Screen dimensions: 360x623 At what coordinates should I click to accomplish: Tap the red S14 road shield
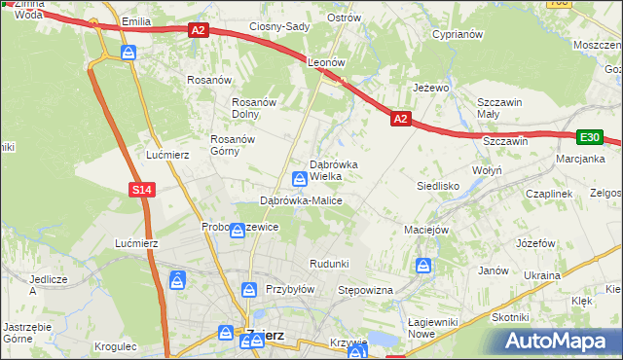point(141,190)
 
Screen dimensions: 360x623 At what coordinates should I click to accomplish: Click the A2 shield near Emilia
point(199,30)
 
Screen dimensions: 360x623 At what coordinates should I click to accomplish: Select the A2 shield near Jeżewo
point(401,118)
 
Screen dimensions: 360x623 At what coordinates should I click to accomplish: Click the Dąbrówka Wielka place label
point(333,170)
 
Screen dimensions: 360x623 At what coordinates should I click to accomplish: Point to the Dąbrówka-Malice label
point(301,200)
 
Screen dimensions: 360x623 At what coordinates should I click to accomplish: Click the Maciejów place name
point(425,231)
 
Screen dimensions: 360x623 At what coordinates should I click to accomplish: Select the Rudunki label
point(328,264)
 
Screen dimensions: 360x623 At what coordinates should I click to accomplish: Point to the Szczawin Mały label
point(500,108)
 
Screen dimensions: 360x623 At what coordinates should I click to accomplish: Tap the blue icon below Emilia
point(128,52)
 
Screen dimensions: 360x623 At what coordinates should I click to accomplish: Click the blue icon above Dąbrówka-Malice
point(301,178)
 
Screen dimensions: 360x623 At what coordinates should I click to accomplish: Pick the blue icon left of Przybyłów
point(249,289)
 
